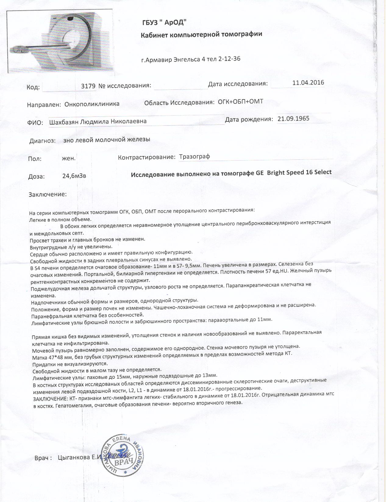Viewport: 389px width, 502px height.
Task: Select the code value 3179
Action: tap(88, 86)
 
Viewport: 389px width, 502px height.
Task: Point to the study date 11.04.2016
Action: tap(308, 82)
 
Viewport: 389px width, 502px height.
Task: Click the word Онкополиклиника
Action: tap(92, 104)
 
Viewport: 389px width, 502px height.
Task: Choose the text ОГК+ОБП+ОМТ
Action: tap(240, 102)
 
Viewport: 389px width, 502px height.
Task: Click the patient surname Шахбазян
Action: tap(64, 122)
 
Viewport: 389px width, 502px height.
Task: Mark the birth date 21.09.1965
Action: tap(293, 118)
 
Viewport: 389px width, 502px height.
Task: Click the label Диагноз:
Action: tap(42, 141)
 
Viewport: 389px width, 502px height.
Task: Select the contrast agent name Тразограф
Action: tap(194, 157)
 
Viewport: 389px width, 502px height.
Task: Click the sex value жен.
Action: tap(69, 158)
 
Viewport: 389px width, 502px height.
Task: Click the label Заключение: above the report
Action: tap(48, 194)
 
